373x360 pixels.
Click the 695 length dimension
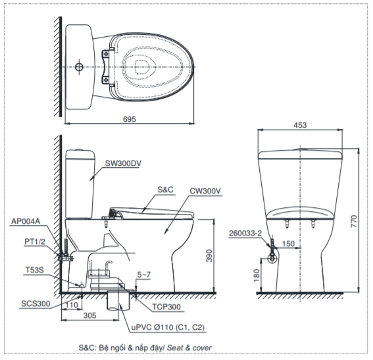130,119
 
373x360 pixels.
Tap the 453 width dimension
300,125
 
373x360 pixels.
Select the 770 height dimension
354,221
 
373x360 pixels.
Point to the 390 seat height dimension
209,255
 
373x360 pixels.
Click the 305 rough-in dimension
89,315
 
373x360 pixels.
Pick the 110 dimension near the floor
71,305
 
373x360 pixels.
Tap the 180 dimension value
257,276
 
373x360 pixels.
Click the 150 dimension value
288,244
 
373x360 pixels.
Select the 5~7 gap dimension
144,275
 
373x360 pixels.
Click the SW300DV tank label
123,163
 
